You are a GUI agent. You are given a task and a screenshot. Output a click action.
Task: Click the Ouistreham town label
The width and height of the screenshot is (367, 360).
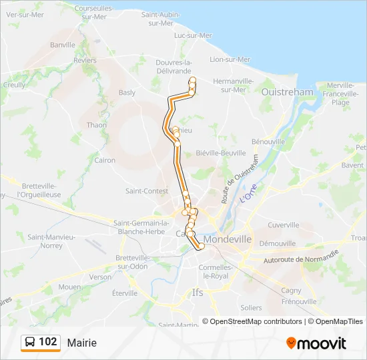point(288,92)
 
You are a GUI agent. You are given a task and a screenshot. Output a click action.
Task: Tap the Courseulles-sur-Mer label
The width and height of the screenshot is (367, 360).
point(94,13)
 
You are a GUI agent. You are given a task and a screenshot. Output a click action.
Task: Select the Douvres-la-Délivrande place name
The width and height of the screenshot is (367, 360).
point(173,65)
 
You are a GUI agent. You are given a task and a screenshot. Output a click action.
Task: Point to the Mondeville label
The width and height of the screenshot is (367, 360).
point(228,239)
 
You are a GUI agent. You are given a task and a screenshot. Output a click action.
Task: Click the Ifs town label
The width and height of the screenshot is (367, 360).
point(198,293)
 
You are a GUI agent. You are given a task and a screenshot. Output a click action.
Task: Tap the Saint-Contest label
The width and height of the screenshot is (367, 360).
point(147,191)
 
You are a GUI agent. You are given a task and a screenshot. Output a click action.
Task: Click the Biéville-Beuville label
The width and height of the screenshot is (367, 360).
point(221,153)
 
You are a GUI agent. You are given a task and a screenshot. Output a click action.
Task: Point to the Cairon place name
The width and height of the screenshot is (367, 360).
point(105,160)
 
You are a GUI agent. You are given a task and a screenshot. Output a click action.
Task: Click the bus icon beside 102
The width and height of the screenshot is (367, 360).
point(30,342)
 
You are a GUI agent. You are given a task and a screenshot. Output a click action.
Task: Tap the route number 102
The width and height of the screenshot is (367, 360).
point(48,342)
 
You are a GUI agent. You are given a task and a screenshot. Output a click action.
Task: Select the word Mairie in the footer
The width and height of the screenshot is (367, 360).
point(82,343)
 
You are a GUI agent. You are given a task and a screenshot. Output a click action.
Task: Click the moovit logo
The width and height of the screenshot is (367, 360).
point(316,343)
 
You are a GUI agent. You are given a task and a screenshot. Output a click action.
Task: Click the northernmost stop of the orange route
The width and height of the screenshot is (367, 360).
point(193,81)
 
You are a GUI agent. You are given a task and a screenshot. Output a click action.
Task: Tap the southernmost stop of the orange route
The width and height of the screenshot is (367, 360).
point(202,247)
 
